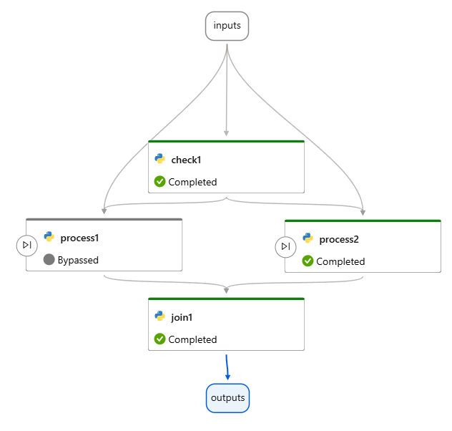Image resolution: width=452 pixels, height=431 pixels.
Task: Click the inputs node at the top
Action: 227,26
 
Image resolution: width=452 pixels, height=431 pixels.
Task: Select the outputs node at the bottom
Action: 227,398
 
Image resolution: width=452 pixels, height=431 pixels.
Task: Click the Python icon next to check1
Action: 160,159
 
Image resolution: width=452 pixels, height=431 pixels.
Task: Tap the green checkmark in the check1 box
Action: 160,182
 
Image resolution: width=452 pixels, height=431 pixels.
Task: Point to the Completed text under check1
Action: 192,182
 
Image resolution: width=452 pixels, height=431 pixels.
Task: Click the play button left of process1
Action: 26,245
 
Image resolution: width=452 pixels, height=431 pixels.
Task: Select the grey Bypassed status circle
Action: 49,260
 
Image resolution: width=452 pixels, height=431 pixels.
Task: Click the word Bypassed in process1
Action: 78,260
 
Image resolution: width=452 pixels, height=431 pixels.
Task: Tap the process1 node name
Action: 79,238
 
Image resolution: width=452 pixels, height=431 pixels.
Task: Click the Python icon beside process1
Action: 49,237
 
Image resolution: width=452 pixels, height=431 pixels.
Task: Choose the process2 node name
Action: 339,239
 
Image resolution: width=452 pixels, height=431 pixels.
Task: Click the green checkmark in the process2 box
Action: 308,261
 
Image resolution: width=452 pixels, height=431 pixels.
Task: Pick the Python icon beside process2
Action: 308,238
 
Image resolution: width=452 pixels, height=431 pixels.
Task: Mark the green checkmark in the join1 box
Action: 160,339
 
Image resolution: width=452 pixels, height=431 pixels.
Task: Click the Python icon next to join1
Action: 160,316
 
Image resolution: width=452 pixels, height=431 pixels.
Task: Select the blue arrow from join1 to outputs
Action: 227,366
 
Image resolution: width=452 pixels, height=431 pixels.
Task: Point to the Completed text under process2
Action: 340,261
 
